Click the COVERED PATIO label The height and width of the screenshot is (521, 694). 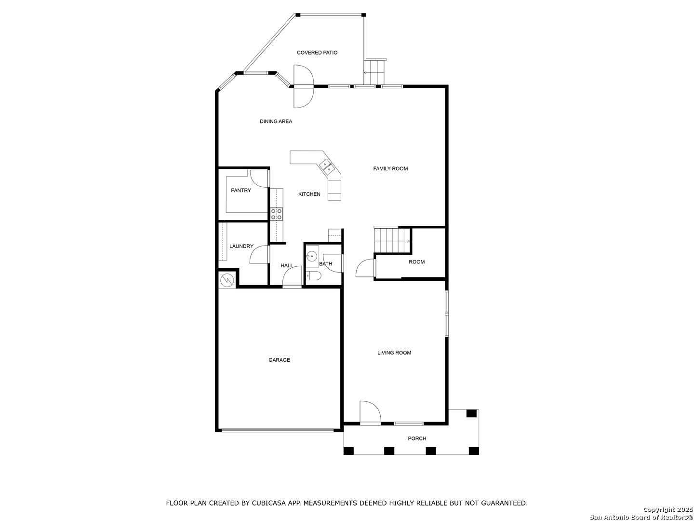317,53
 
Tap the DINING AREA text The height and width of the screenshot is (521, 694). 276,121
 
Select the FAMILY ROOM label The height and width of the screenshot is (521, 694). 390,169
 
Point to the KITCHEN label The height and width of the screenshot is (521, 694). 309,194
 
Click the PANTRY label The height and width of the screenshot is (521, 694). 240,190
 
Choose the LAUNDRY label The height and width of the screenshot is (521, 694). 241,246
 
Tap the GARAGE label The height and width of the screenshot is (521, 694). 279,360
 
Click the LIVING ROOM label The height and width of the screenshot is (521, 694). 394,352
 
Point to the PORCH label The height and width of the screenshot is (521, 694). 417,438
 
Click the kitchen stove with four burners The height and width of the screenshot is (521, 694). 276,214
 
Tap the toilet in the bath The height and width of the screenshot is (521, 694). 313,276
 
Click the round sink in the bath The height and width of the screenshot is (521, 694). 312,255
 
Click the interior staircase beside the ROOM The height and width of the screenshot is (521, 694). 392,240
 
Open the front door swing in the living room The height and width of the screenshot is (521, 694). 370,411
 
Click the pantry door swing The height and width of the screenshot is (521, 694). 259,178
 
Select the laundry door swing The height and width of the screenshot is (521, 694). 259,255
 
